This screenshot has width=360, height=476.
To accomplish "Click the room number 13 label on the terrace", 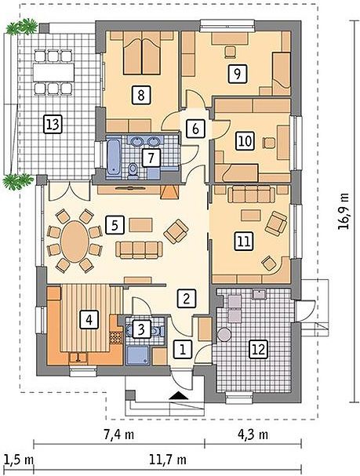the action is (53, 124).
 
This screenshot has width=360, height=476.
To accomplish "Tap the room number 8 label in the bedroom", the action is (141, 95).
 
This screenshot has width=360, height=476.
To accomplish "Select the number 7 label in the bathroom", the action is (151, 158).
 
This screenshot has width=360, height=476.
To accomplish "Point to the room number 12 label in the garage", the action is (259, 350).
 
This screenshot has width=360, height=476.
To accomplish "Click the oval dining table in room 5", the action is (75, 241).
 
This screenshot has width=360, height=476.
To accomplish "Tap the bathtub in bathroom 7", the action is (113, 157).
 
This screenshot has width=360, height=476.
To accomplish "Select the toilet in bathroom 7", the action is (133, 170).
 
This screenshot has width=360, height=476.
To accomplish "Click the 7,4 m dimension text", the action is (119, 434).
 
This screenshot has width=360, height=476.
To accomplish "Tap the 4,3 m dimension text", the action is (253, 434).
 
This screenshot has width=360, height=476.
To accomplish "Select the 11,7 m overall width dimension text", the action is (168, 460).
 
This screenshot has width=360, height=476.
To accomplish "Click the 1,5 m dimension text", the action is (19, 460).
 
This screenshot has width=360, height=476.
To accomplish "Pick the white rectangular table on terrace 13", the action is (53, 72).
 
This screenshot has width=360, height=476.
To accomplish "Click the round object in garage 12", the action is (224, 335).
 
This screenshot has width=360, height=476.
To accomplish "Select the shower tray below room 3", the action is (138, 355).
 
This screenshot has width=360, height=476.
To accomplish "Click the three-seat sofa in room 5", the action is (139, 250).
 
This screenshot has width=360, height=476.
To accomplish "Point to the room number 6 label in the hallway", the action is (196, 129).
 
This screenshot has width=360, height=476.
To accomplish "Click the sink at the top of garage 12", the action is (260, 294).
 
